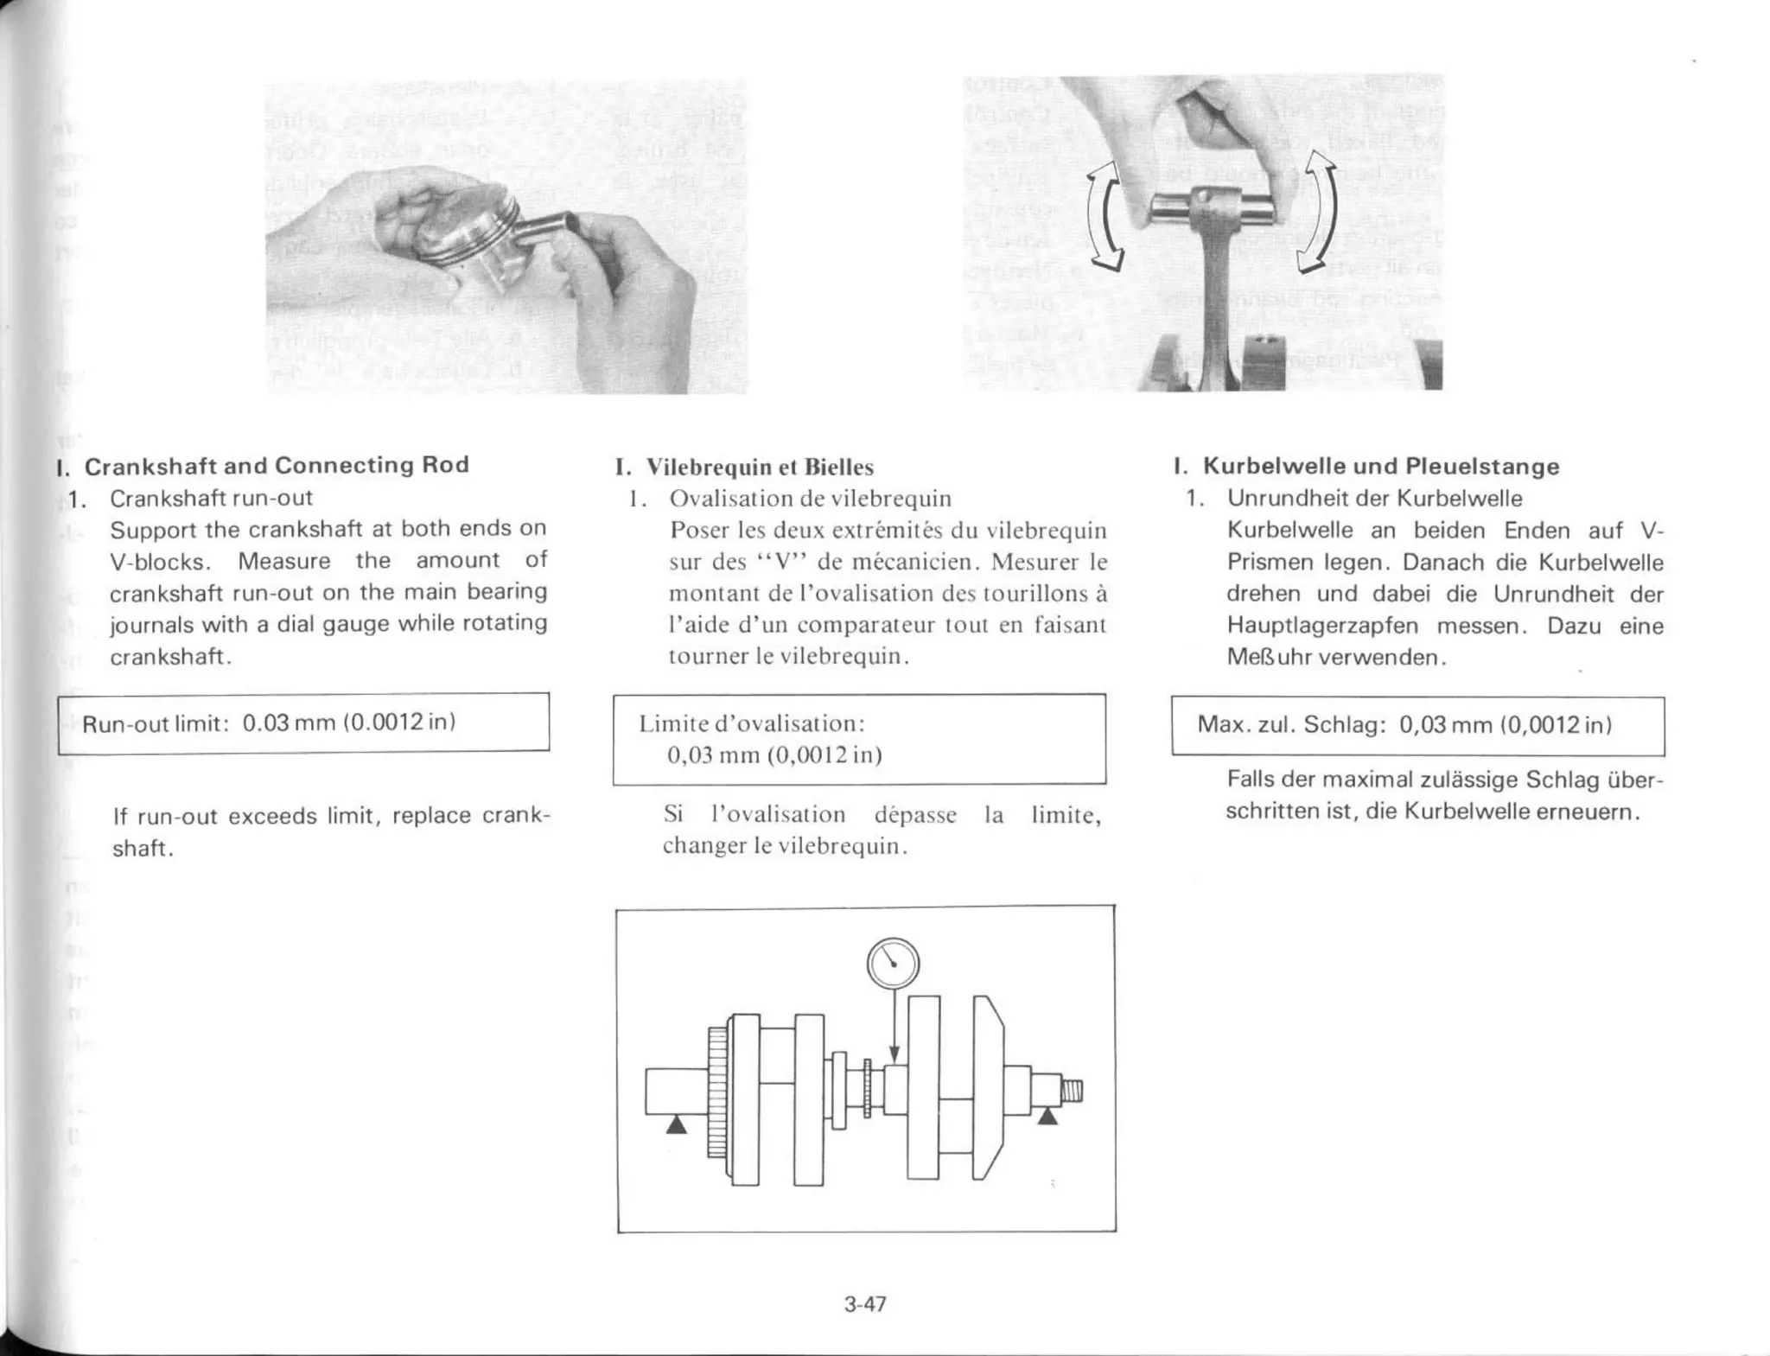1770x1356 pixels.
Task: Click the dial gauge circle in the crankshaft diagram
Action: [893, 964]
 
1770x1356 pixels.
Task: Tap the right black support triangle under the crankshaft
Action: [1047, 1116]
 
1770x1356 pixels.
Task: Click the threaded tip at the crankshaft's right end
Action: [1072, 1092]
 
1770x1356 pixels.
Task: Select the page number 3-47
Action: [865, 1304]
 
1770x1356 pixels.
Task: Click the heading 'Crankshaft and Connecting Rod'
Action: [277, 465]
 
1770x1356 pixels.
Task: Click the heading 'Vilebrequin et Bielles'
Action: [760, 468]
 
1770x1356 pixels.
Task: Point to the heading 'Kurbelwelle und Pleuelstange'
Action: [1380, 467]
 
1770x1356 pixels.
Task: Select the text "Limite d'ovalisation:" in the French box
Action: [751, 723]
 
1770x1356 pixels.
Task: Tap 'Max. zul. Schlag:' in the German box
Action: [1291, 724]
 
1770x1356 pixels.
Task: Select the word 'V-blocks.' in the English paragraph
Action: [161, 562]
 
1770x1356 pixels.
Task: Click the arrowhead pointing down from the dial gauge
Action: [895, 1054]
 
